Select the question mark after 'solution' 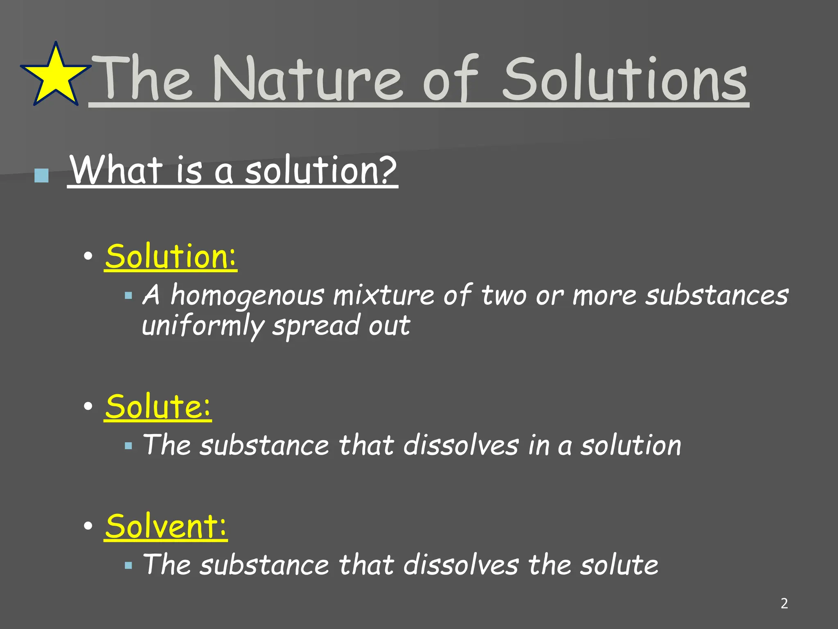(385, 170)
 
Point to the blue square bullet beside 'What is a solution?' (41, 176)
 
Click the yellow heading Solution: (171, 256)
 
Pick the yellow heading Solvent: (166, 526)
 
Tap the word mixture (383, 295)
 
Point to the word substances (716, 295)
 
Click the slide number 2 (784, 603)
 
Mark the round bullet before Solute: (88, 407)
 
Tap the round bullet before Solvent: (88, 526)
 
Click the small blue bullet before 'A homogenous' (128, 295)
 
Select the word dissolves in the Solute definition (461, 445)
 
